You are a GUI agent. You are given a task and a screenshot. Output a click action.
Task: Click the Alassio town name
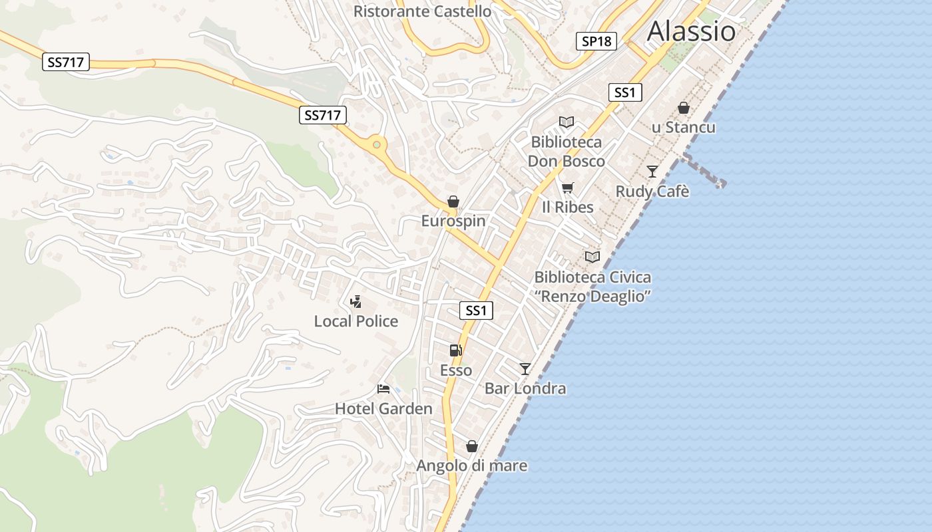point(691,31)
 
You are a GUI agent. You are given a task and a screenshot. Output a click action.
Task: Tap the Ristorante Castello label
point(422,11)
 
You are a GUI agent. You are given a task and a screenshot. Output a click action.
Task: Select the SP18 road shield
point(596,41)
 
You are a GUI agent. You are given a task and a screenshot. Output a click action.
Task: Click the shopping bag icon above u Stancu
point(683,108)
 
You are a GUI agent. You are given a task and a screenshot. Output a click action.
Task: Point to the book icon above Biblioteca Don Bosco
point(567,122)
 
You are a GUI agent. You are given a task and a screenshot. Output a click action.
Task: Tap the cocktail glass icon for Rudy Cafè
point(652,172)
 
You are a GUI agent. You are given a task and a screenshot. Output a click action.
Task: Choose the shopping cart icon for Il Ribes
point(567,188)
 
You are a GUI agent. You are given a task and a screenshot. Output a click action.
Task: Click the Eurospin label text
point(453,221)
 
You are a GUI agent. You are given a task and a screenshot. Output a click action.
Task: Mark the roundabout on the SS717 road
point(377,144)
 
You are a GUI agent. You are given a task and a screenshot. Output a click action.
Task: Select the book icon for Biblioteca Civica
point(592,257)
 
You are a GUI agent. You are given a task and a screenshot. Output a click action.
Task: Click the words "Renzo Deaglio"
point(592,296)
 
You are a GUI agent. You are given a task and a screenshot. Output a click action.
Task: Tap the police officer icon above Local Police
point(356,302)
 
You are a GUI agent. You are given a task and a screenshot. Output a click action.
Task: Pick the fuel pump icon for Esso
point(455,350)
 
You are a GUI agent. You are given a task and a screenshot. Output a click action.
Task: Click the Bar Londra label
point(525,388)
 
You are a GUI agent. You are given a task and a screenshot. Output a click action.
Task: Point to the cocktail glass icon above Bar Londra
point(525,368)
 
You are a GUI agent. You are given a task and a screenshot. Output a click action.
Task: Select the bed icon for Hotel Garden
point(383,389)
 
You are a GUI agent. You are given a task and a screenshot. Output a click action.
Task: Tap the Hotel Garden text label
point(383,408)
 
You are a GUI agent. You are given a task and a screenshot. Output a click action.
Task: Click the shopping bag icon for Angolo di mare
point(472,446)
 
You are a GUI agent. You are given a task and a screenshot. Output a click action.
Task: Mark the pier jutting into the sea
point(704,171)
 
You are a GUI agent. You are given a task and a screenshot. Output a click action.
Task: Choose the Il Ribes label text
point(567,207)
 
